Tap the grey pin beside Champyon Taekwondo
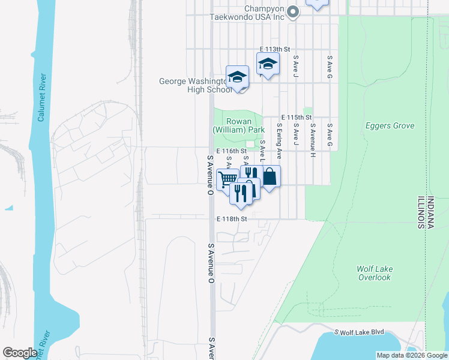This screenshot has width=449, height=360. [293, 11]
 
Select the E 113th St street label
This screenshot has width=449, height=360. [275, 49]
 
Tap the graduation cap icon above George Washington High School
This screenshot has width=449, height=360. [238, 76]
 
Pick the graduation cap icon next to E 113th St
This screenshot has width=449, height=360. [268, 63]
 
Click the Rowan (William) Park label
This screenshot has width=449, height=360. [238, 125]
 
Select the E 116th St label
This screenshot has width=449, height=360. [232, 151]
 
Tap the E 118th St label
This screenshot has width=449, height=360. [232, 219]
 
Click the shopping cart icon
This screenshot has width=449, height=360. [228, 179]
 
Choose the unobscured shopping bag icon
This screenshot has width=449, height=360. [270, 176]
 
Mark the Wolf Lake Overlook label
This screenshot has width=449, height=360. [374, 273]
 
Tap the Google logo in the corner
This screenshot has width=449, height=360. [20, 352]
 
